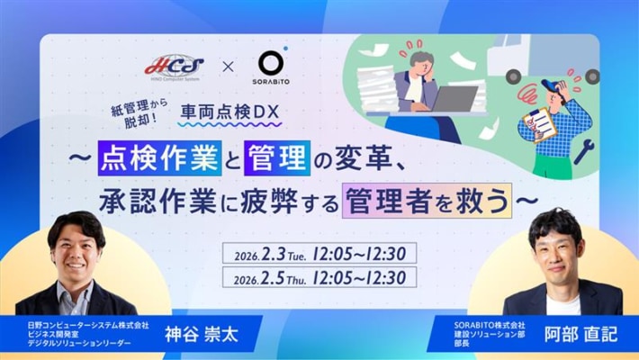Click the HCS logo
point(174,66)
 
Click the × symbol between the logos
point(227,67)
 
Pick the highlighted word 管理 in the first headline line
point(271,158)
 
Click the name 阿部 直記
point(584,334)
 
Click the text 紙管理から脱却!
point(134,112)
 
